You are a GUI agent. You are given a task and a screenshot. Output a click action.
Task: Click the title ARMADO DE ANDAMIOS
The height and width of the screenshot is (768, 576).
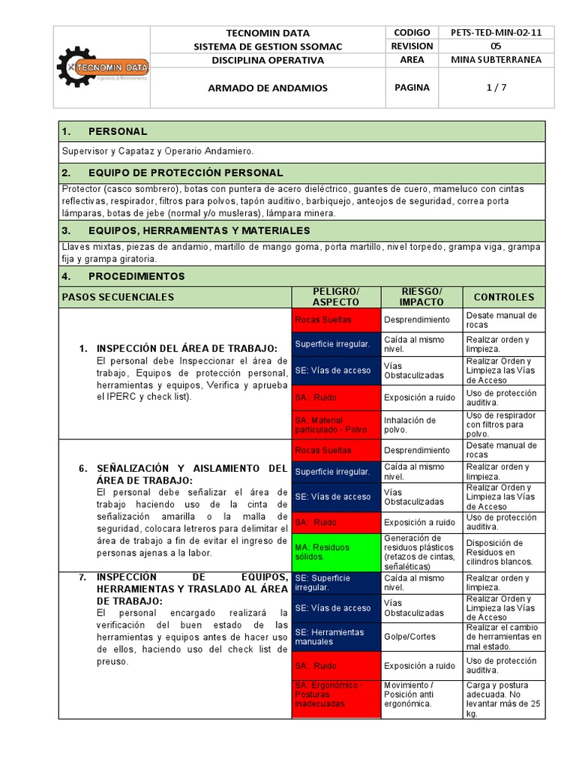click(x=268, y=88)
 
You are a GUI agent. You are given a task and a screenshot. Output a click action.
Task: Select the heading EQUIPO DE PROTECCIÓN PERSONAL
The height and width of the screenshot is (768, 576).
click(x=185, y=172)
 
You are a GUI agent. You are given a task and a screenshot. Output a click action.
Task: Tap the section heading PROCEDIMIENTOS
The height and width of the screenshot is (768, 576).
click(x=136, y=276)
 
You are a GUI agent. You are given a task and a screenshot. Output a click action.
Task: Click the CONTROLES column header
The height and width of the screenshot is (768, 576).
click(x=504, y=297)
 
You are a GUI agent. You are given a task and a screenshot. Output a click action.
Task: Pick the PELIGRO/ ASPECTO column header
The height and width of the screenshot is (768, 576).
click(x=336, y=296)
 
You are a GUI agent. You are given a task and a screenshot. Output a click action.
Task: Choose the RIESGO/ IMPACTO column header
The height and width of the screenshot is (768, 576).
click(x=421, y=296)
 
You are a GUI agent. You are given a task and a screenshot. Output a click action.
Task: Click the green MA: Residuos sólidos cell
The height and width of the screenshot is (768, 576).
click(x=336, y=552)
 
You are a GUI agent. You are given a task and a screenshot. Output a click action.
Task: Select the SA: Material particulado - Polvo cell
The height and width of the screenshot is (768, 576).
click(x=336, y=425)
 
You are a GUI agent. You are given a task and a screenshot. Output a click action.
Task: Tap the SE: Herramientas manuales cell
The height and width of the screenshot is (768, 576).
click(x=336, y=637)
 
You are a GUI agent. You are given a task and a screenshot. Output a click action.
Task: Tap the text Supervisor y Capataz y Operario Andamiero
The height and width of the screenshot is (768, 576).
click(x=158, y=151)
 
